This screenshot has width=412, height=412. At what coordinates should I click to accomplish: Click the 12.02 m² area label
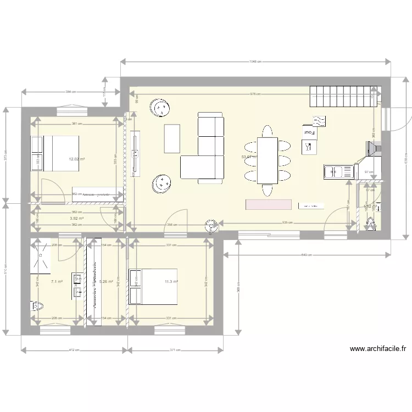[76, 159]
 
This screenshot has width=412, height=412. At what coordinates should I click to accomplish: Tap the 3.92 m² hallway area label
[77, 218]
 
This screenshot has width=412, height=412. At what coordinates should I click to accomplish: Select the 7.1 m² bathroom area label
[57, 281]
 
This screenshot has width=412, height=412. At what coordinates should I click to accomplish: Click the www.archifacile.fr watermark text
[377, 348]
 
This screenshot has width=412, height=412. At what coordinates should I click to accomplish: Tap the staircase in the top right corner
[344, 96]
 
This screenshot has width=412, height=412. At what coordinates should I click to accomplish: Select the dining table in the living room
[267, 160]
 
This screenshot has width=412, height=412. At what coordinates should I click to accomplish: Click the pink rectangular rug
[269, 204]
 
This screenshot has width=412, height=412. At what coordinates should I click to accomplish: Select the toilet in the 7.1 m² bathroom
[37, 307]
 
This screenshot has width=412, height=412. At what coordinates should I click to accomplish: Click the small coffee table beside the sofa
[172, 138]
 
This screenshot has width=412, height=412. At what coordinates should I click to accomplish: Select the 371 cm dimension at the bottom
[175, 349]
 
